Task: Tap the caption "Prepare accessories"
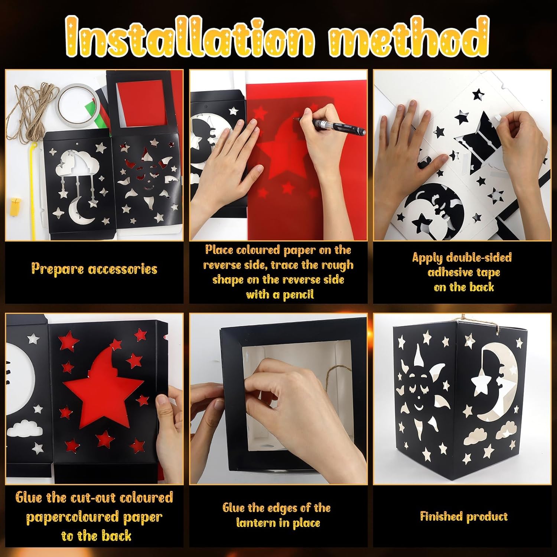94,268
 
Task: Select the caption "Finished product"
464,516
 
